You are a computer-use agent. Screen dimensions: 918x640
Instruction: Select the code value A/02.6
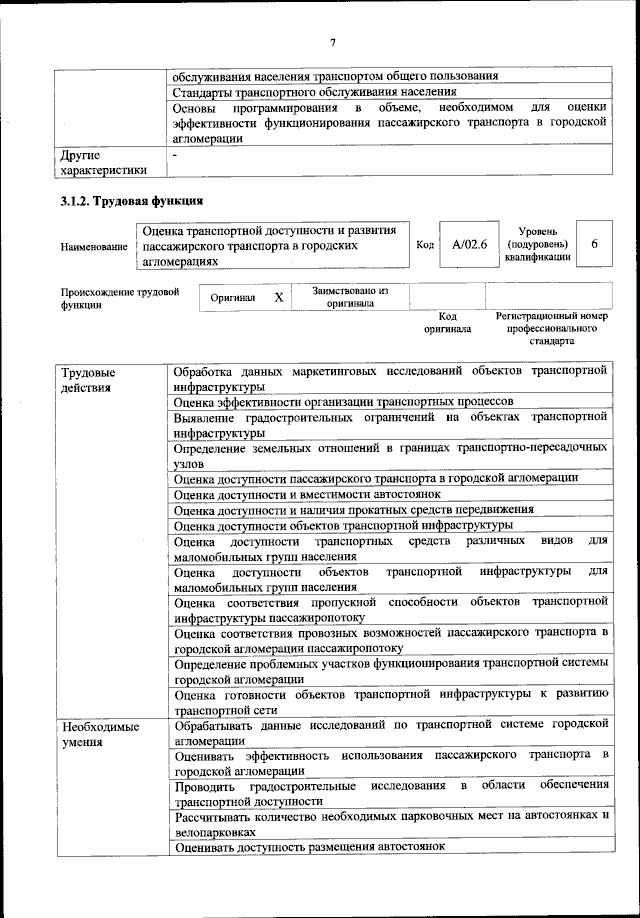coord(468,244)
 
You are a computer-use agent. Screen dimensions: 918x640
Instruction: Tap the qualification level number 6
coord(594,244)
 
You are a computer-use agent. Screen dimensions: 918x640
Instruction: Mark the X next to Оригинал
coord(279,297)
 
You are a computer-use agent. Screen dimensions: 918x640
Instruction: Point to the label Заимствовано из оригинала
coord(350,296)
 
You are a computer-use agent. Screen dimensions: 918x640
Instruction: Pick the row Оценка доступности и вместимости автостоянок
coord(307,493)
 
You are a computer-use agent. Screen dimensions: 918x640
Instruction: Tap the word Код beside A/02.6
coord(424,244)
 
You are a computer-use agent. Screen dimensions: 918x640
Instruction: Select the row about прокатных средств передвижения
coord(353,508)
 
